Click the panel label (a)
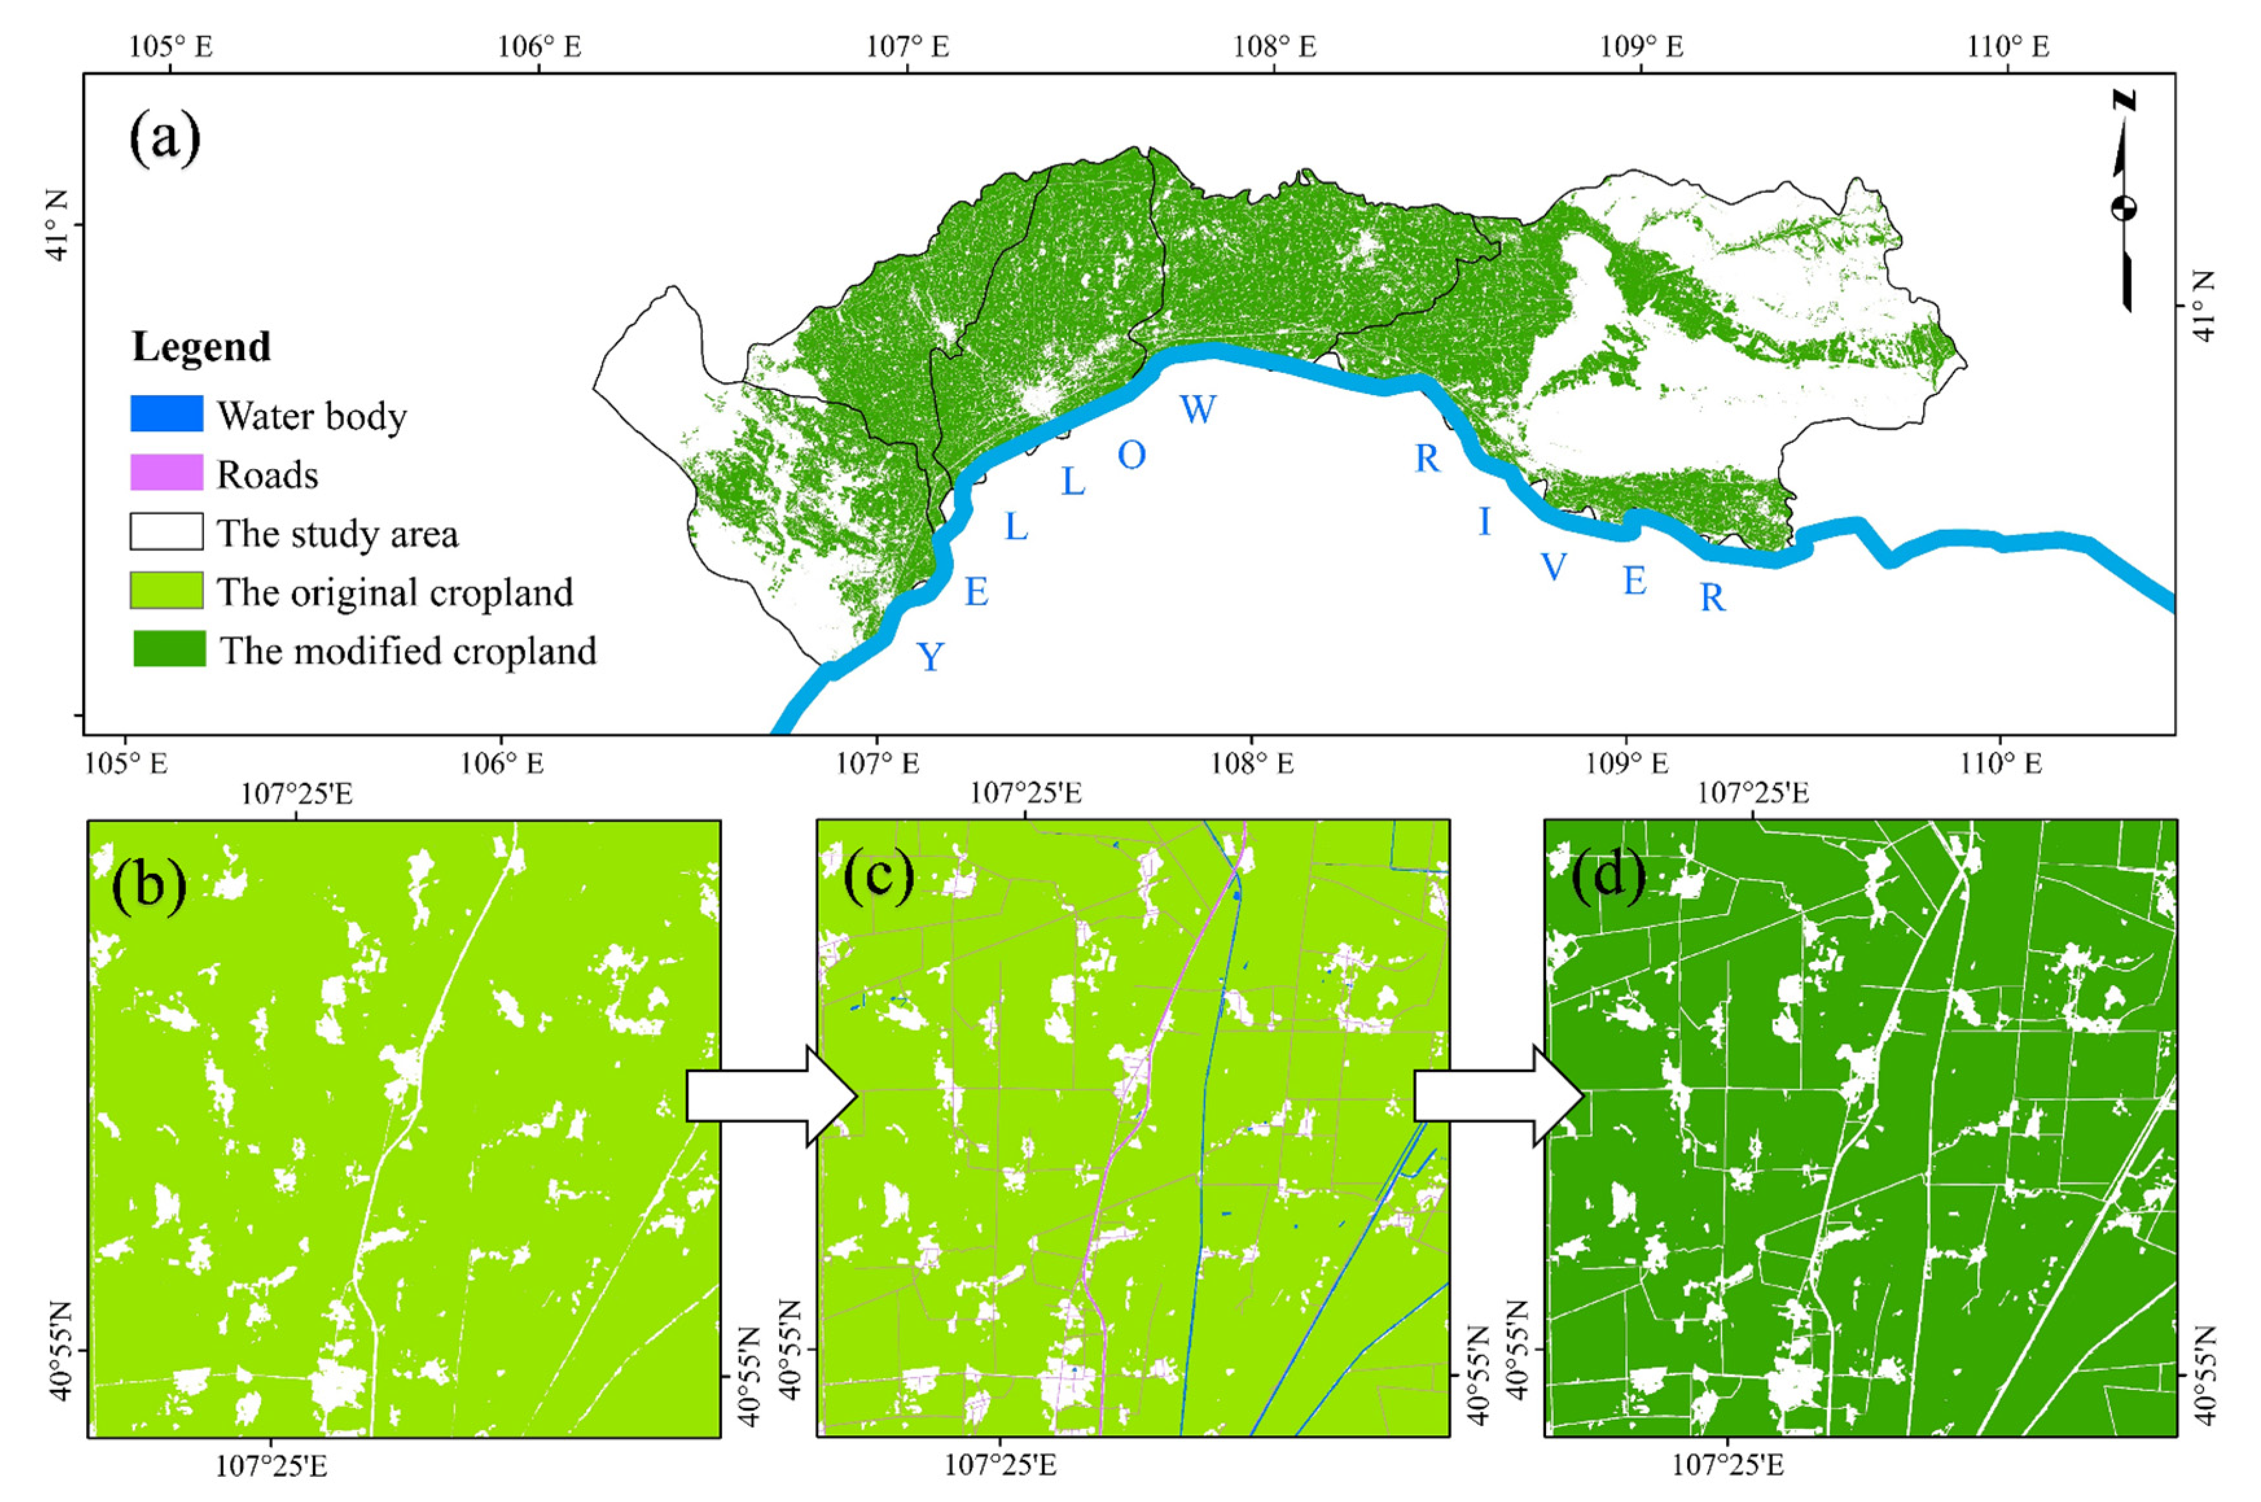165,139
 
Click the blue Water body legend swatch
166,414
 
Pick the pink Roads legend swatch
166,472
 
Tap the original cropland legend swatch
166,590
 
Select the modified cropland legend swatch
168,648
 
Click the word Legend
201,347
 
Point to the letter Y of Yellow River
930,657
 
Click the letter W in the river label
1197,409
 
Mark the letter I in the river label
1484,522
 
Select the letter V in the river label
1553,567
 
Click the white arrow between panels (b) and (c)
771,1096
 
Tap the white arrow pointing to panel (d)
1499,1096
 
